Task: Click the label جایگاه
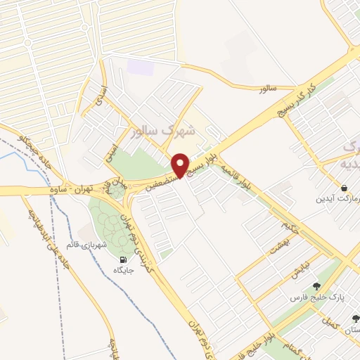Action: [120, 268]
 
